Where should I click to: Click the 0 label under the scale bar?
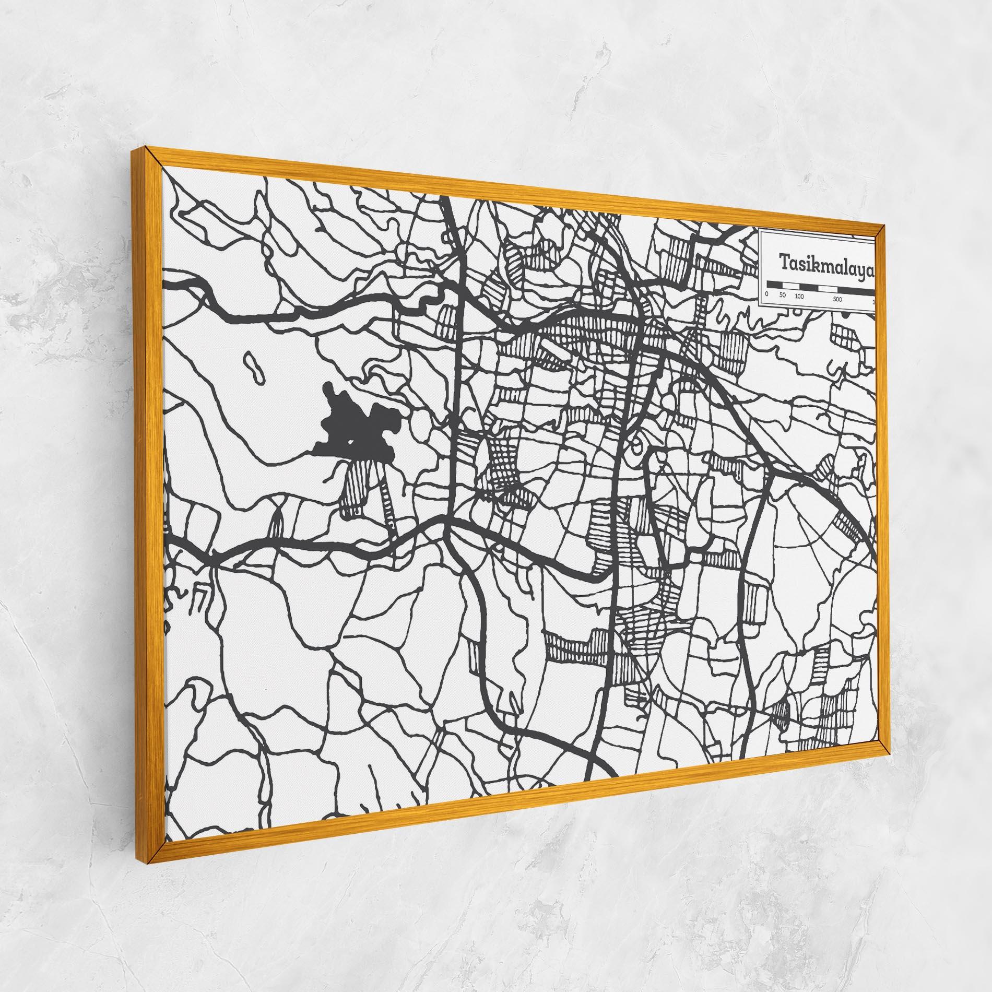pos(766,294)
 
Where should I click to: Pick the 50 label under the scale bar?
pos(782,296)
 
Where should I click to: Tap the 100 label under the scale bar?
pos(799,297)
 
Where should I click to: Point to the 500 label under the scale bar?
pos(838,300)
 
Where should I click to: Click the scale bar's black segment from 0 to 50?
pos(774,284)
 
